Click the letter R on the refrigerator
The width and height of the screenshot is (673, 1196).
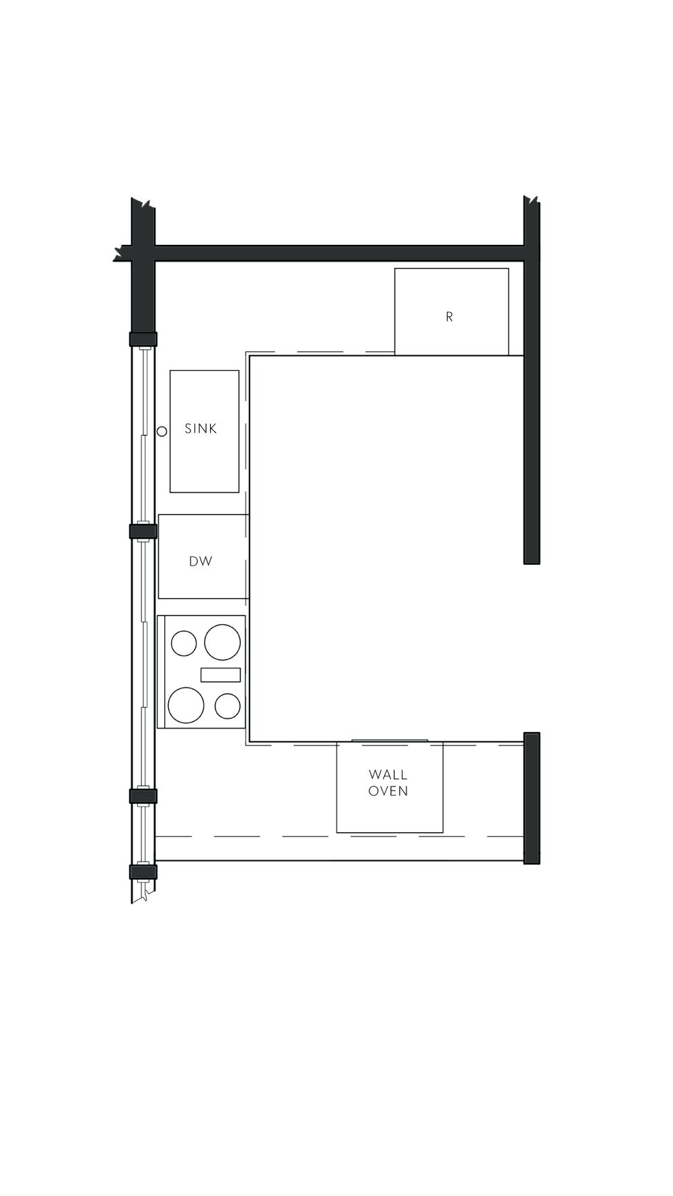click(449, 316)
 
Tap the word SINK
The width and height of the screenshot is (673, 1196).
click(201, 428)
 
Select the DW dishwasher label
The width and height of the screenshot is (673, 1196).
click(201, 561)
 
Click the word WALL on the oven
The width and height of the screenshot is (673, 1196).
click(388, 775)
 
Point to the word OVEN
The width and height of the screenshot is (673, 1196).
click(388, 791)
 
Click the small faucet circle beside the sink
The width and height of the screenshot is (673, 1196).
click(162, 431)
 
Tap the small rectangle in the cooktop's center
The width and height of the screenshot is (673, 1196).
click(221, 674)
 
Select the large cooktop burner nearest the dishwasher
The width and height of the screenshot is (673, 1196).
click(223, 642)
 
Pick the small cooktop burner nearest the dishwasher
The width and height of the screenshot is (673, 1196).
click(184, 643)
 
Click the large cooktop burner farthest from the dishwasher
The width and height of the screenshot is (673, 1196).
click(186, 705)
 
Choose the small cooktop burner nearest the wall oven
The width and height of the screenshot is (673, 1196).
click(227, 706)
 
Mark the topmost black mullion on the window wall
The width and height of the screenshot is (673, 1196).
click(143, 339)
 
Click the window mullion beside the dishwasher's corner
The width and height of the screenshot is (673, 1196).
click(143, 531)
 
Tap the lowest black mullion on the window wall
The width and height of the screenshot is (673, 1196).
click(143, 872)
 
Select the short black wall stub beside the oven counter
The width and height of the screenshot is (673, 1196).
click(532, 798)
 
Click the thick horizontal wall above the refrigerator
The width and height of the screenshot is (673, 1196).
click(336, 253)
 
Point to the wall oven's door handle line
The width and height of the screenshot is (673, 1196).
click(390, 741)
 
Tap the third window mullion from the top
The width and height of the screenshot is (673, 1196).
click(143, 796)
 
